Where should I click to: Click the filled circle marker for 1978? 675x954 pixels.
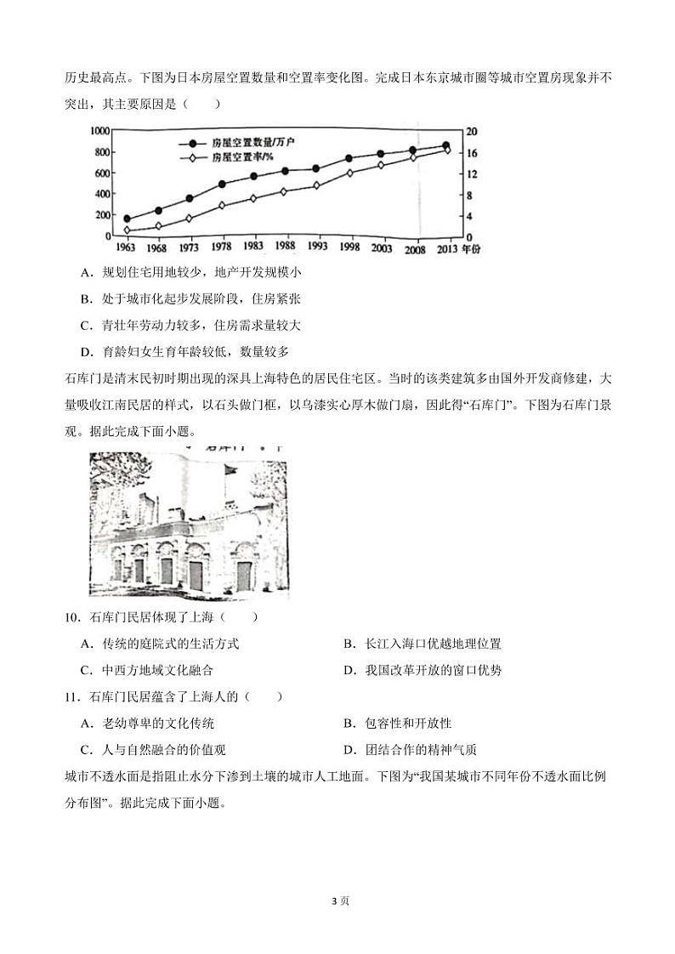(222, 184)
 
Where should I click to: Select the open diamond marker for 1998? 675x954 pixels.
(349, 173)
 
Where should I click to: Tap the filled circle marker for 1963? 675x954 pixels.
(128, 219)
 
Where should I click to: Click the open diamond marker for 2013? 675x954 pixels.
(446, 150)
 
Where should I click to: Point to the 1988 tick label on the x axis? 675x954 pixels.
(286, 247)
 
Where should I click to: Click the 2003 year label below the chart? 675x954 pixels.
(382, 247)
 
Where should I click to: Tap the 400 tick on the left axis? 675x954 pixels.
(102, 194)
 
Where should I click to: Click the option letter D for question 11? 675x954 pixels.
(349, 749)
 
